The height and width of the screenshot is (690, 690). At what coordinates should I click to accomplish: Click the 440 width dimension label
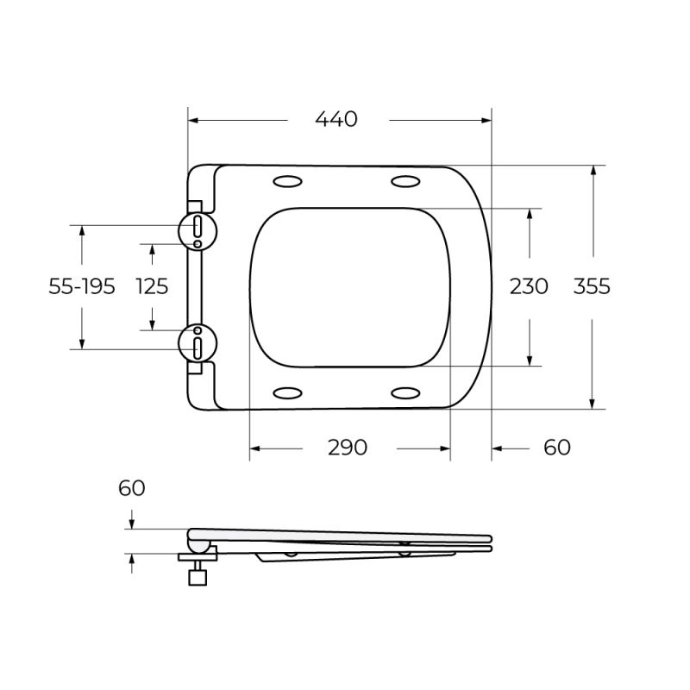pos(336,120)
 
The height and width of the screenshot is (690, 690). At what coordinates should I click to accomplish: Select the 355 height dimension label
pos(592,286)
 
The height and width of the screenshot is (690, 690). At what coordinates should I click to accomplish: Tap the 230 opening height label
pos(528,286)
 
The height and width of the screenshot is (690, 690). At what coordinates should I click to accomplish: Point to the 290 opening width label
pos(348,448)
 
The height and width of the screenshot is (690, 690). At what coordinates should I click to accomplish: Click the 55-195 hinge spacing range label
pos(82,287)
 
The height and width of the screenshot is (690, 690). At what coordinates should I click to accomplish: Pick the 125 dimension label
pos(153,287)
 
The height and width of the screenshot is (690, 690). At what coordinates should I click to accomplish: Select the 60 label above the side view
pos(132,488)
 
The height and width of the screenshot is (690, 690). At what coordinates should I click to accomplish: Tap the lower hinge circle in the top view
pos(198,344)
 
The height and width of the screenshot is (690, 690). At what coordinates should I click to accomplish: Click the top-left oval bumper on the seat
pos(287,181)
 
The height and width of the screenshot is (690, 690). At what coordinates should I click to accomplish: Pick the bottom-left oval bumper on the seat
pos(287,393)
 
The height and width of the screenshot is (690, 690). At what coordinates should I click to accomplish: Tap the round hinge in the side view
pos(198,545)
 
